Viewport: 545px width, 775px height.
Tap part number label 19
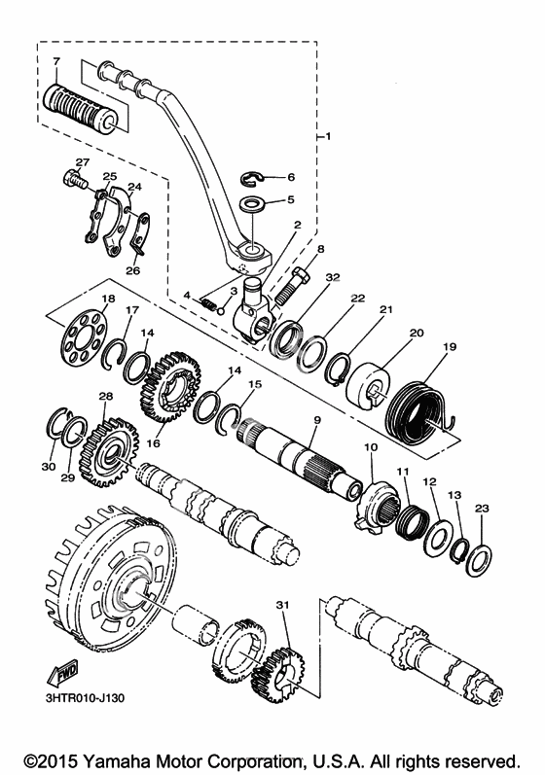[449, 347]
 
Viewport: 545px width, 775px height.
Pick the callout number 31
[282, 605]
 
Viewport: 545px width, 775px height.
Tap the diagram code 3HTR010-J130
[85, 698]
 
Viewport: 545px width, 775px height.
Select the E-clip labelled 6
[252, 178]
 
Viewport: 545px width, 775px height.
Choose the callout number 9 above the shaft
[317, 420]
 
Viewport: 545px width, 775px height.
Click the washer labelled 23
[478, 560]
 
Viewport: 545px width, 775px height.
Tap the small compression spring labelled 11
[413, 522]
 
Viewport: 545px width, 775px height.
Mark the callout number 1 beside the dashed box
[328, 136]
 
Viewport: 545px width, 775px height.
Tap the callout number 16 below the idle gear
[154, 442]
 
